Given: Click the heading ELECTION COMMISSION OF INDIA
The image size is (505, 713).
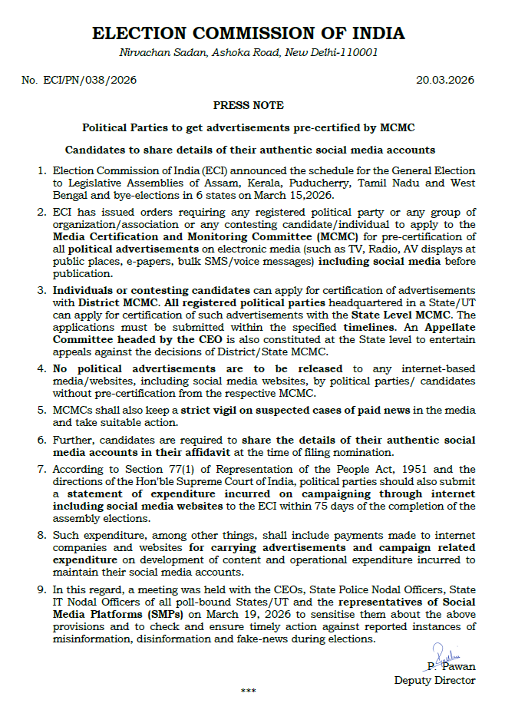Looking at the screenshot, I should pyautogui.click(x=248, y=33).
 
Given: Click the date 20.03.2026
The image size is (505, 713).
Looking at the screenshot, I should pyautogui.click(x=445, y=80).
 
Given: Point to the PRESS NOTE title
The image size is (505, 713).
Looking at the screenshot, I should pyautogui.click(x=248, y=105).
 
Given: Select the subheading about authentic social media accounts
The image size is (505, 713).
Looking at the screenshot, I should pyautogui.click(x=249, y=150).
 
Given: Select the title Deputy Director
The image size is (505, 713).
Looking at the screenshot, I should pyautogui.click(x=434, y=680).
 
